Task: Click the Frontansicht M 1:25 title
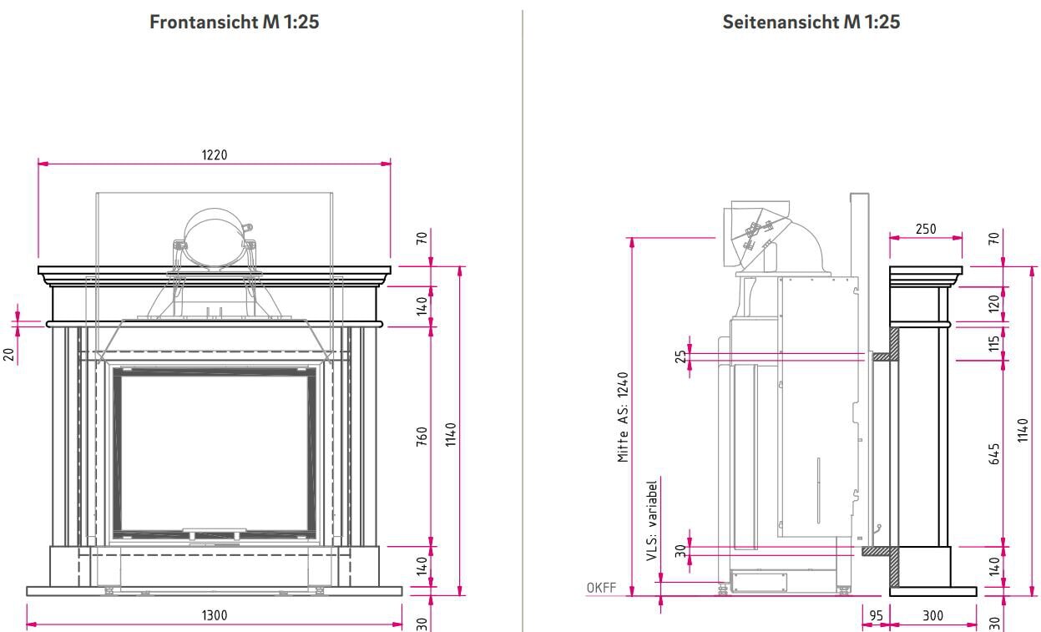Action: coord(234,23)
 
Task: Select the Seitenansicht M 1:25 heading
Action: coord(811,23)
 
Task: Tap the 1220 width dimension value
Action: coord(215,154)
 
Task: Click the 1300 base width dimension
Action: coord(215,615)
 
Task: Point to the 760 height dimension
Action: coord(422,436)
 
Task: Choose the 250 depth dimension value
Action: coord(925,229)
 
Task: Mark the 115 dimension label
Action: coord(994,342)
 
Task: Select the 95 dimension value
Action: coord(876,616)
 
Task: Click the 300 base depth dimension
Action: coord(932,616)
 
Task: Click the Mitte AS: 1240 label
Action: coord(623,417)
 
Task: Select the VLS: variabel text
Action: coord(652,519)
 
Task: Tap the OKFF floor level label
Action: coord(601,588)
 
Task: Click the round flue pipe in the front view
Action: coord(215,239)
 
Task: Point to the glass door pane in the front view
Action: coord(215,451)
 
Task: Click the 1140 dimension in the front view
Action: coord(451,434)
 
